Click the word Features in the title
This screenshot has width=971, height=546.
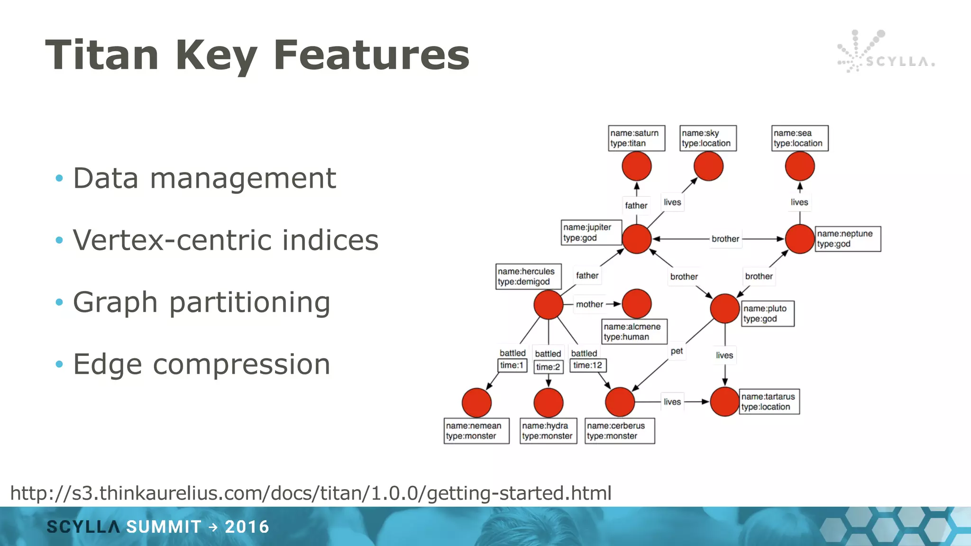(371, 55)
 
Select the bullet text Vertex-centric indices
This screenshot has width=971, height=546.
(226, 240)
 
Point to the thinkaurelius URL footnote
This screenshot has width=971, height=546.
(311, 493)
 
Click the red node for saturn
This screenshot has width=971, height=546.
(636, 166)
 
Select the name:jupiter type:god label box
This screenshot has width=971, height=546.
(591, 232)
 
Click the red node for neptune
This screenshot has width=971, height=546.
(799, 239)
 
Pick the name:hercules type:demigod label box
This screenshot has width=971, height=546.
(528, 276)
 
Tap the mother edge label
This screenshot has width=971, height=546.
(589, 304)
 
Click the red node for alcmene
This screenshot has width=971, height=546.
(636, 304)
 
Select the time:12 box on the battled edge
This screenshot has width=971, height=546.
(587, 365)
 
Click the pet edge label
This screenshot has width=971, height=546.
(677, 351)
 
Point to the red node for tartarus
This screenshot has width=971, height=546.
(724, 402)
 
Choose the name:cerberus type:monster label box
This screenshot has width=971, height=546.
(620, 430)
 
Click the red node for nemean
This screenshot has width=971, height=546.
(476, 402)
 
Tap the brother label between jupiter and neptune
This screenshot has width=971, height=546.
(725, 239)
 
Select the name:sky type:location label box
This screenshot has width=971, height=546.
(708, 138)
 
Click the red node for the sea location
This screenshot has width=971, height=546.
(799, 166)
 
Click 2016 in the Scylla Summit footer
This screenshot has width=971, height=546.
(247, 527)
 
